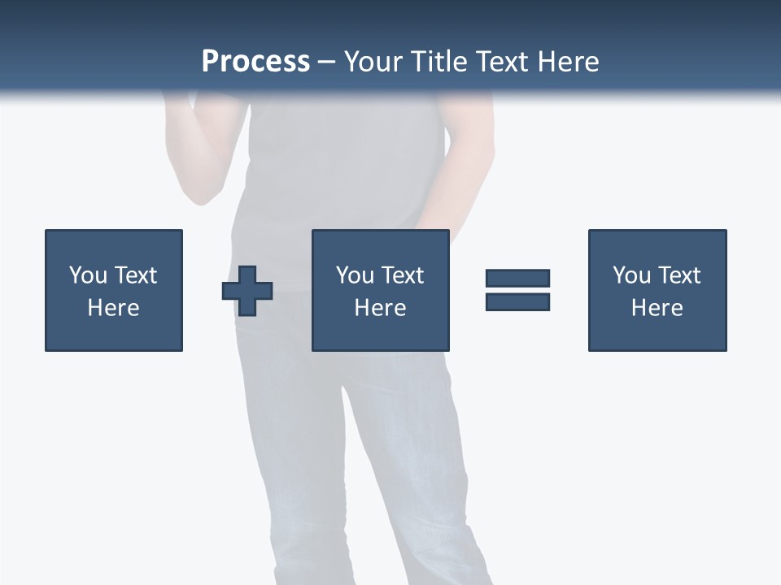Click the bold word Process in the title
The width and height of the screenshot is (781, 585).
tap(255, 62)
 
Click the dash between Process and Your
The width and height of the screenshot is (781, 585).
tap(326, 63)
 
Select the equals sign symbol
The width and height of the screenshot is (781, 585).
tap(517, 290)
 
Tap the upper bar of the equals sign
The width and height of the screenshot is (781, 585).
tap(517, 279)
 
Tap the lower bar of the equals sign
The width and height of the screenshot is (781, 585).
tap(517, 301)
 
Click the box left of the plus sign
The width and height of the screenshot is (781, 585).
tap(114, 244)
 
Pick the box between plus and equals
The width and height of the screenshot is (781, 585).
tap(380, 244)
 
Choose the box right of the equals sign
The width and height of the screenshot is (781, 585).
tap(657, 244)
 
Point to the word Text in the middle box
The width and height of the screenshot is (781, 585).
tap(402, 275)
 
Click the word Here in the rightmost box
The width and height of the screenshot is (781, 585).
tap(657, 308)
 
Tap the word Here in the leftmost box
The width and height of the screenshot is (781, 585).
tap(113, 308)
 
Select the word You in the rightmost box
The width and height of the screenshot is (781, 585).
tap(631, 275)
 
